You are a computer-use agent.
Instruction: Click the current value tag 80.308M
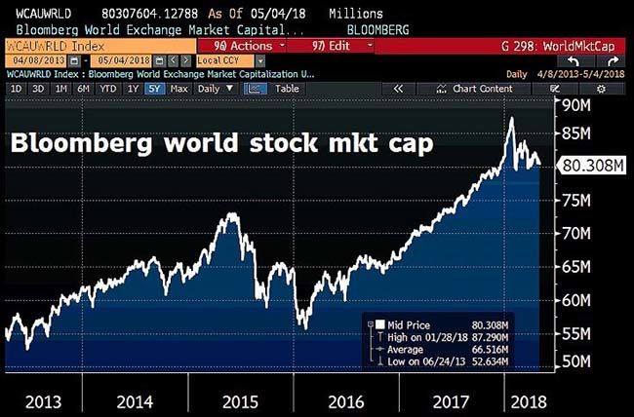pos(593,166)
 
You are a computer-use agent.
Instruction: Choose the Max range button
pos(178,89)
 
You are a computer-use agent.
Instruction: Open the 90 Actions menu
pos(241,46)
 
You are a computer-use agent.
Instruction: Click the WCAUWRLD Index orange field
pos(51,46)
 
